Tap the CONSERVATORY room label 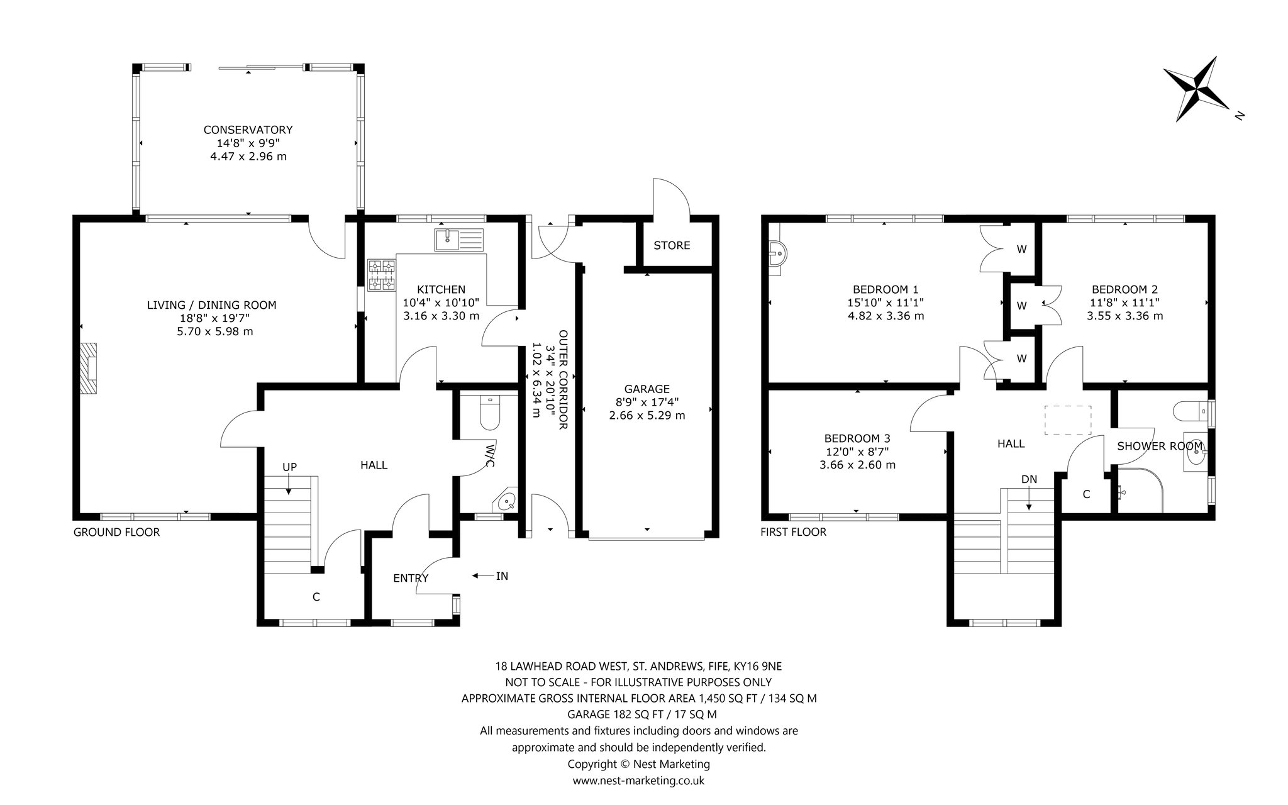(x=248, y=130)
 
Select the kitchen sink (x=460, y=239)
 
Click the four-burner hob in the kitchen (x=382, y=275)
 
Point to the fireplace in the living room (x=89, y=368)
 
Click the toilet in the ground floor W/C (x=489, y=411)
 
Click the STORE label (x=672, y=245)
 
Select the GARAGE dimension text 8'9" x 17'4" (x=647, y=402)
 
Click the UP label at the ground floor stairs (x=289, y=467)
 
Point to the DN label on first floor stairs (x=1029, y=479)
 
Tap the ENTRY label (x=411, y=579)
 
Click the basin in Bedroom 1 (x=778, y=256)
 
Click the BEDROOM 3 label (x=857, y=438)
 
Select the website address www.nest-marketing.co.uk (x=638, y=780)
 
